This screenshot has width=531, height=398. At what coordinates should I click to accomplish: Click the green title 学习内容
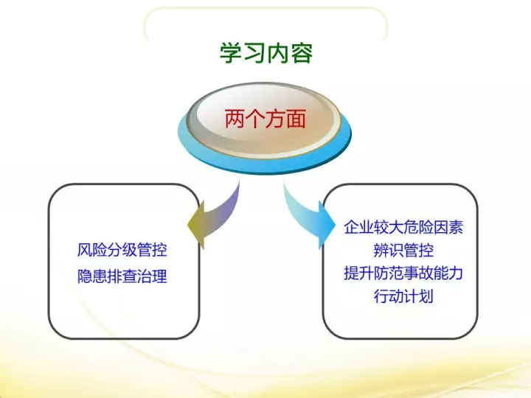click(x=266, y=53)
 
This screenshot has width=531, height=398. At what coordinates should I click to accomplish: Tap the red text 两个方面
click(x=265, y=119)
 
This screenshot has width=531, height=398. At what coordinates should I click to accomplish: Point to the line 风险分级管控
click(x=122, y=250)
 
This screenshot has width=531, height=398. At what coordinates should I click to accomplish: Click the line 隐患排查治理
click(x=122, y=276)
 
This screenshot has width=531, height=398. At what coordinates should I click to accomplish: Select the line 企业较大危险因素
click(x=403, y=227)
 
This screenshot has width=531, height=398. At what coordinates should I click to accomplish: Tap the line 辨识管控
click(x=403, y=251)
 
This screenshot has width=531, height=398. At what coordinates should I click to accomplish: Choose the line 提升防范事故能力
click(x=403, y=273)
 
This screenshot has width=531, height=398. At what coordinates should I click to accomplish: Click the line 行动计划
click(x=403, y=296)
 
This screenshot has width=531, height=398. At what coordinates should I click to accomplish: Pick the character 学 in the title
click(x=232, y=53)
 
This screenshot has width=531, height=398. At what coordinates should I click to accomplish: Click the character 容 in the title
click(x=302, y=53)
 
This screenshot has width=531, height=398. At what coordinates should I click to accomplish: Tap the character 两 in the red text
click(x=235, y=119)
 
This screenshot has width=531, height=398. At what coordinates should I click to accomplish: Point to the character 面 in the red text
click(x=296, y=119)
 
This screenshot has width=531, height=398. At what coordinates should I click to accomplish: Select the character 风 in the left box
click(x=85, y=250)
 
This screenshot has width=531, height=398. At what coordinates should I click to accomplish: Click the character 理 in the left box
click(x=160, y=276)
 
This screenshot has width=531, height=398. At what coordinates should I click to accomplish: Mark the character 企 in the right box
click(x=351, y=227)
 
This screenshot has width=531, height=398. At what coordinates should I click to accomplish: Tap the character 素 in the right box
click(x=456, y=227)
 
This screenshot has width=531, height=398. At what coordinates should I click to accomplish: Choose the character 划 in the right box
click(x=426, y=296)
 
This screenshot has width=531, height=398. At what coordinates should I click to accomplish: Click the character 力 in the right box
click(x=456, y=273)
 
